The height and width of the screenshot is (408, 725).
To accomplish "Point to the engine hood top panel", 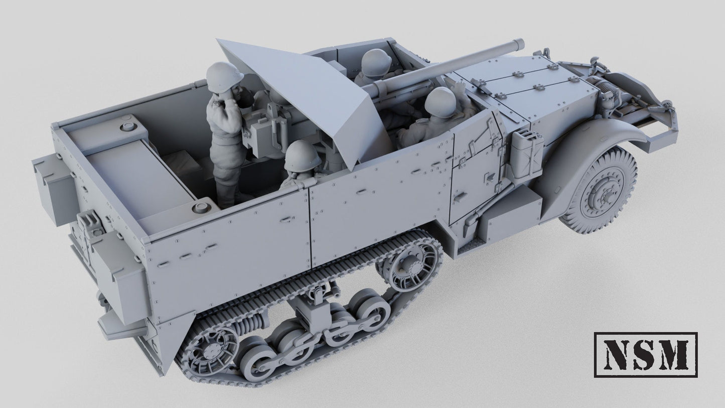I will point(517,85).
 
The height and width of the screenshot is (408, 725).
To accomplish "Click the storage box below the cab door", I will point(509,211).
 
